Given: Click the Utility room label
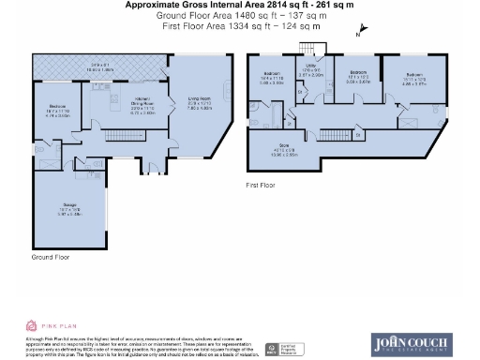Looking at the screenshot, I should pyautogui.click(x=316, y=73).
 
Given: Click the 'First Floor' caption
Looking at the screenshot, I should pyautogui.click(x=265, y=186).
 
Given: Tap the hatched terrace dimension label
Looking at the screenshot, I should pyautogui.click(x=101, y=67).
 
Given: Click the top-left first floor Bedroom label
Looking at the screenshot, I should pyautogui.click(x=272, y=77).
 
